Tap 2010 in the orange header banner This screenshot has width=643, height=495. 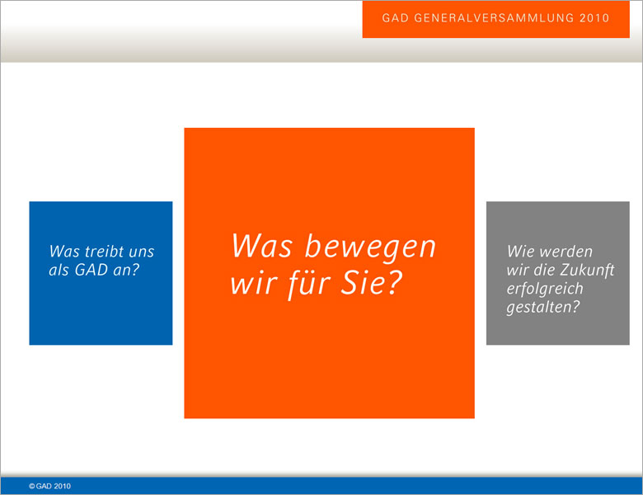point(594,18)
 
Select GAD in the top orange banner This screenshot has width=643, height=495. point(396,18)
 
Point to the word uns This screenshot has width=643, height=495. point(141,252)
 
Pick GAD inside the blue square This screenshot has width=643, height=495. point(88,270)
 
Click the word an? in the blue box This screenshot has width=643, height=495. point(124,270)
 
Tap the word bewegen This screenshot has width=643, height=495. point(370,247)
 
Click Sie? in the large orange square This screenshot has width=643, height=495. point(371,283)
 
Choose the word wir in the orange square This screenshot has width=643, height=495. point(254,284)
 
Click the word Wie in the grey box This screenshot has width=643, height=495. point(518,251)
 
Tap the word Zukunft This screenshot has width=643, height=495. point(587,271)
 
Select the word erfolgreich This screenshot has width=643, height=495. point(545,289)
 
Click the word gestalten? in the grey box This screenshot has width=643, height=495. point(543,308)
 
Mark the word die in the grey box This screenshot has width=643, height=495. point(544,270)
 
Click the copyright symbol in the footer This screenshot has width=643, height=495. point(31,487)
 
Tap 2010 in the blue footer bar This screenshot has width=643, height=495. point(62,487)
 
